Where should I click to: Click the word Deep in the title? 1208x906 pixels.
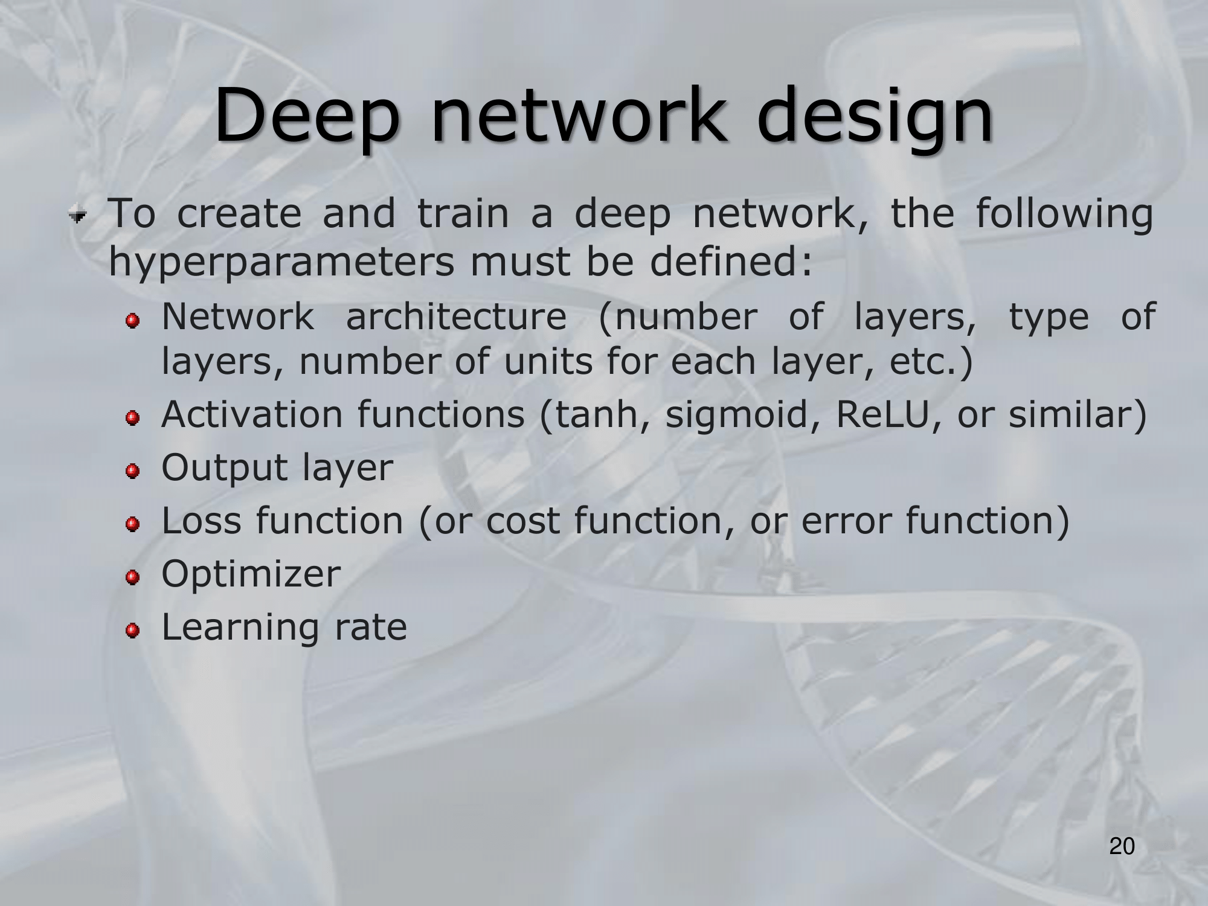pyautogui.click(x=307, y=117)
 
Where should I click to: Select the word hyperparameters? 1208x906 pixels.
pyautogui.click(x=281, y=263)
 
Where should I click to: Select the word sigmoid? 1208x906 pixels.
pyautogui.click(x=735, y=416)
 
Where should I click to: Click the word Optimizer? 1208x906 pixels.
pyautogui.click(x=251, y=574)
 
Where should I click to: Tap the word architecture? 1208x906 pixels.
pyautogui.click(x=456, y=316)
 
